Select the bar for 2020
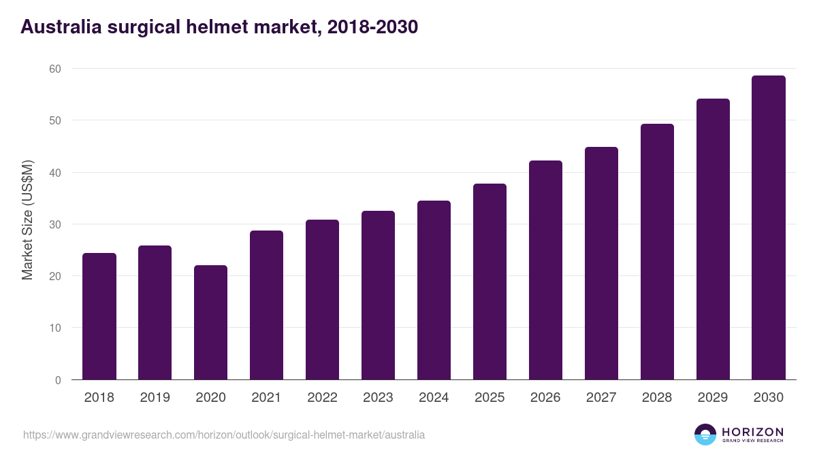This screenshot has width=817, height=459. coord(210,322)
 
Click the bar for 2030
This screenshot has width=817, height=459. coord(768,228)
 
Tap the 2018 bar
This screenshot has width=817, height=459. coord(99,316)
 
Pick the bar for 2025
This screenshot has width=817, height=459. coord(490,282)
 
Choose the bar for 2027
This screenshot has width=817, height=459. coord(601,263)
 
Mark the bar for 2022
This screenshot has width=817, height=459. coord(322,299)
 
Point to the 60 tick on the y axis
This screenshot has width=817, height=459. coord(55,69)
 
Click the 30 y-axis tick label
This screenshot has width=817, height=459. coord(55,224)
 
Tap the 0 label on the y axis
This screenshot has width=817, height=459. coord(58,380)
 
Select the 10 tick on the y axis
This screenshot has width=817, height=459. coord(55,328)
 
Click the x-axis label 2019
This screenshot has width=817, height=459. coord(155,398)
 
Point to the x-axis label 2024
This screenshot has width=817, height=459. coord(434,398)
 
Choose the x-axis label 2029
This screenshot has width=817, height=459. coord(713,398)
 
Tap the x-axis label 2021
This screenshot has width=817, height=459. coord(266,398)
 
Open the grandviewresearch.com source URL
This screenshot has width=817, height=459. coord(224,435)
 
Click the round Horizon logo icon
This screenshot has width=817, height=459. coord(705,435)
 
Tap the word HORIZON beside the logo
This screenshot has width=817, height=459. coord(752,432)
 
